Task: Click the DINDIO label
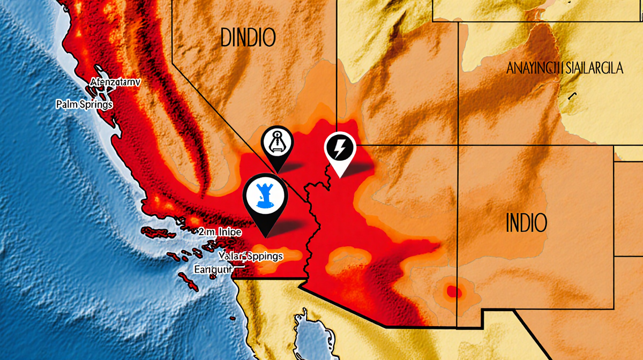tap(248, 37)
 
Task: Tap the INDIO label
tap(527, 222)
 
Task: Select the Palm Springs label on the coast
tap(84, 104)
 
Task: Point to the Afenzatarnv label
tap(115, 84)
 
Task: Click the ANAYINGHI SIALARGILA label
tap(565, 69)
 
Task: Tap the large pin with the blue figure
tap(265, 201)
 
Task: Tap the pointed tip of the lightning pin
tap(339, 176)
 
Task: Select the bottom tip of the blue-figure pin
tap(265, 236)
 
